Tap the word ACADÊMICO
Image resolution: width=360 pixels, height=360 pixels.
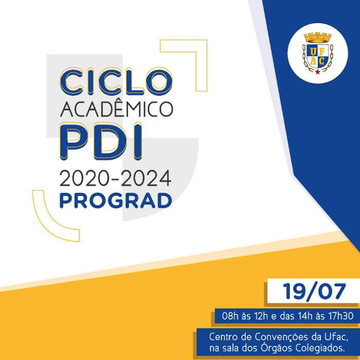click(116, 109)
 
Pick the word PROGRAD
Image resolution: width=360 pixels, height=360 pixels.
click(115, 201)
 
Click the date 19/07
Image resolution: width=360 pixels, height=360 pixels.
click(314, 292)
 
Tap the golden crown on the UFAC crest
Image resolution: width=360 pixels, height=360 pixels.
click(317, 38)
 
